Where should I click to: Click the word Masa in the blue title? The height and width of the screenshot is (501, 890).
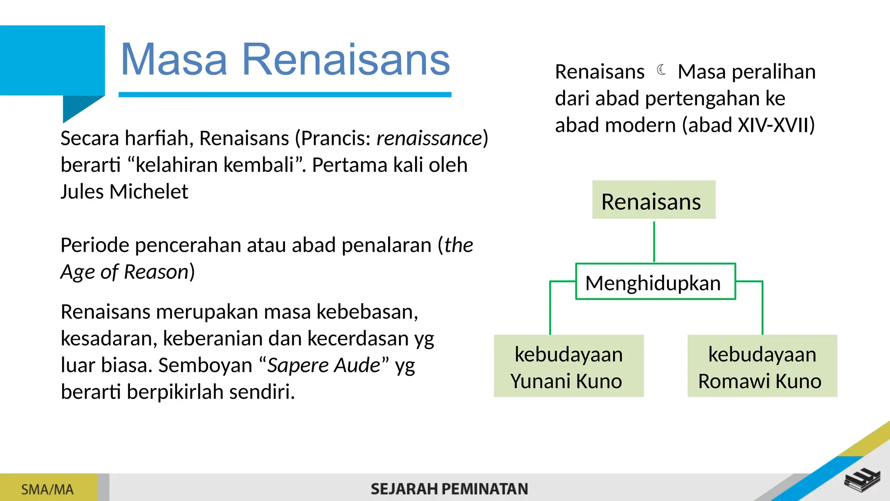point(174,60)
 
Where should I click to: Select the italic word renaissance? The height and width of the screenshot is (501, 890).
point(429,139)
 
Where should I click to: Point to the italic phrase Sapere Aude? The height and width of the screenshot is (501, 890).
point(323,365)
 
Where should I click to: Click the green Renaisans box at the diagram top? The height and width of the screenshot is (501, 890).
point(653,200)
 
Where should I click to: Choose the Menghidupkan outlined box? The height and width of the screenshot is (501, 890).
point(655,282)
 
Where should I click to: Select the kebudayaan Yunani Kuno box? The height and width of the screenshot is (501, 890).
point(568,366)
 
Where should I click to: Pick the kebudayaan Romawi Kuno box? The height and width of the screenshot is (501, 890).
point(762,366)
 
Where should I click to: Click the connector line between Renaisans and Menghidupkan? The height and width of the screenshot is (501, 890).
point(654,241)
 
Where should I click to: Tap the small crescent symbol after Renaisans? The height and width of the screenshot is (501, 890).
point(661,70)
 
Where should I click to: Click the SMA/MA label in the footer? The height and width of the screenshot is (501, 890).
point(47,489)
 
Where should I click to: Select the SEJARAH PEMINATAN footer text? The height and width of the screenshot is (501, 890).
point(449,489)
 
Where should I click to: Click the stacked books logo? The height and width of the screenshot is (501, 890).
point(862,481)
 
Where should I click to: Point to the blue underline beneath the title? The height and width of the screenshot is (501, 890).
point(285,94)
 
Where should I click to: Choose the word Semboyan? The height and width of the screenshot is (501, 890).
point(205,365)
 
